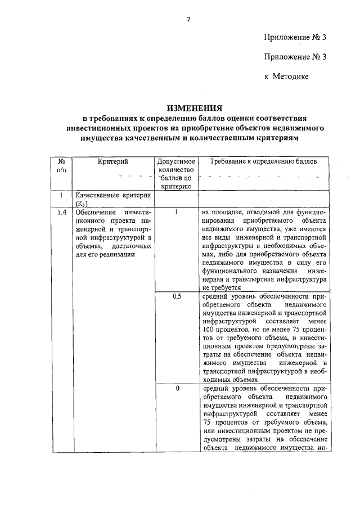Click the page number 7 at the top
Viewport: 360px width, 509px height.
[x=189, y=20]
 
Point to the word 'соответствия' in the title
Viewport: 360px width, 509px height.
[x=279, y=118]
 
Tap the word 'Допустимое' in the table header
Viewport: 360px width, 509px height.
[x=176, y=161]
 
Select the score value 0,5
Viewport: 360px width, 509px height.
[x=176, y=296]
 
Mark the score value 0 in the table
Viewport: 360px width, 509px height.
[x=176, y=389]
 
